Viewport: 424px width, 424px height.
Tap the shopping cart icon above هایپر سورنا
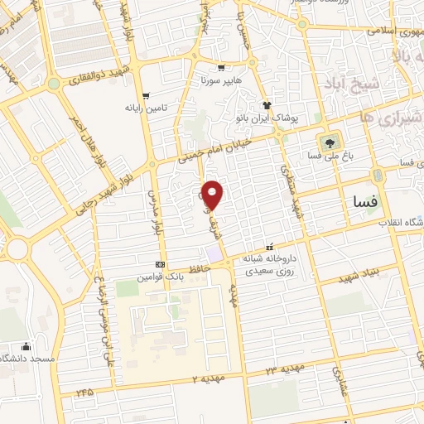click(x=221, y=69)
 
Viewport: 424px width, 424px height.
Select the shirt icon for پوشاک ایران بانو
click(x=267, y=105)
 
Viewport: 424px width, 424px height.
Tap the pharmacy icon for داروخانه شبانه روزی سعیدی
click(x=268, y=248)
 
